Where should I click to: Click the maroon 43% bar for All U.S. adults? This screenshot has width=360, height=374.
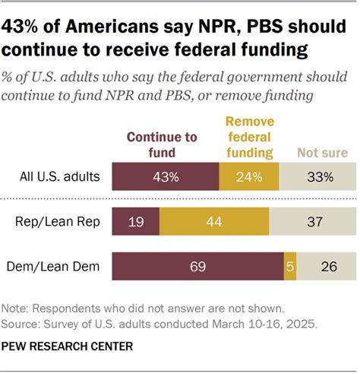pyautogui.click(x=165, y=177)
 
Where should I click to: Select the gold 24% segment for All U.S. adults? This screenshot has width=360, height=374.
pyautogui.click(x=249, y=177)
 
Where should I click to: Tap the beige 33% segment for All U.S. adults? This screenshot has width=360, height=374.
pyautogui.click(x=317, y=177)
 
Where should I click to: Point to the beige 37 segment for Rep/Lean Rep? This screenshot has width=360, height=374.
pyautogui.click(x=311, y=222)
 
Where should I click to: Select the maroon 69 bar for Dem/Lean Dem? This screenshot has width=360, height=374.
pyautogui.click(x=197, y=267)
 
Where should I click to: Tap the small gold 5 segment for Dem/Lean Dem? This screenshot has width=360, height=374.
pyautogui.click(x=290, y=267)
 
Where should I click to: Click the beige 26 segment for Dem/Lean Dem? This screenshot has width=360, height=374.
pyautogui.click(x=326, y=267)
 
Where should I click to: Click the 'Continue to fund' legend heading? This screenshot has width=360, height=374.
pyautogui.click(x=162, y=144)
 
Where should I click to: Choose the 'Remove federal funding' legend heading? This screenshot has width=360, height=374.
pyautogui.click(x=249, y=136)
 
